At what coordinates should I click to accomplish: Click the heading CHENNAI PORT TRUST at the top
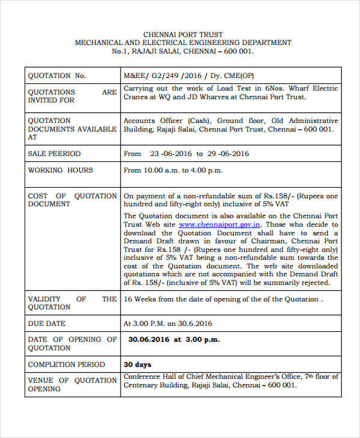pos(182,34)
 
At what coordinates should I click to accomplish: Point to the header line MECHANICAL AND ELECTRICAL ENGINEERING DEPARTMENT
pos(182,43)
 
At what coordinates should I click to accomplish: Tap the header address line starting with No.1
pos(182,52)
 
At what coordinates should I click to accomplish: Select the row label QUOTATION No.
pos(57,76)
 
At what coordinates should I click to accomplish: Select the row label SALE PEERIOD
pos(54,154)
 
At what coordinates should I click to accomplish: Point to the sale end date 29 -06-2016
pos(227,154)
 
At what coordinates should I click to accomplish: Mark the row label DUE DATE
pos(48,323)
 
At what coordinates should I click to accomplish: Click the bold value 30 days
pos(137,364)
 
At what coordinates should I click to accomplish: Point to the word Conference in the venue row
pos(143,376)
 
